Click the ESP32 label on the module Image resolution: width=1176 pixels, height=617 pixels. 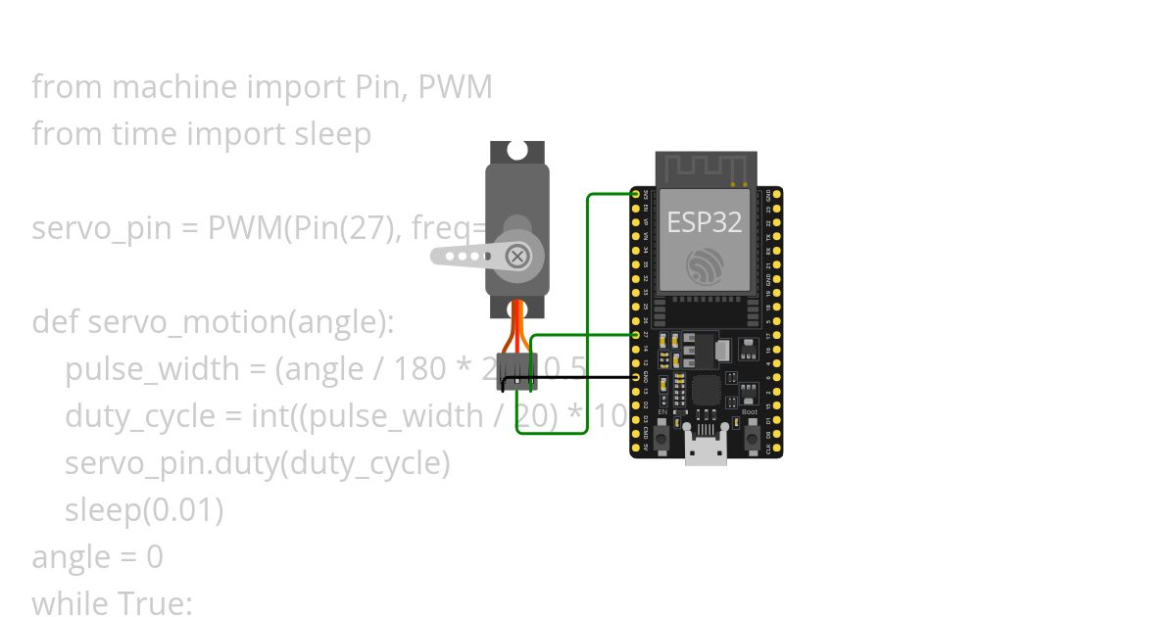pyautogui.click(x=704, y=222)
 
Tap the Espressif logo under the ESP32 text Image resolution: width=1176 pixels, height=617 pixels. pyautogui.click(x=705, y=267)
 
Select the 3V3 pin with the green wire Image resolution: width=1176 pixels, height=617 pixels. pyautogui.click(x=636, y=195)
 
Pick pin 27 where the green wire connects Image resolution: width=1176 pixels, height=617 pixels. pyautogui.click(x=636, y=335)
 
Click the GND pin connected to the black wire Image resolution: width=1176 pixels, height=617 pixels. pyautogui.click(x=636, y=377)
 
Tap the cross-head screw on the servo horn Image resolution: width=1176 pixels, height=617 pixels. pyautogui.click(x=516, y=257)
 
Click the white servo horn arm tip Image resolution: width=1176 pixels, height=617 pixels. pyautogui.click(x=440, y=257)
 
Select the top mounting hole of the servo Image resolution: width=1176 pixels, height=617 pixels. pyautogui.click(x=517, y=152)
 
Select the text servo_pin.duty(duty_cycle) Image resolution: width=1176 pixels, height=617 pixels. pyautogui.click(x=257, y=462)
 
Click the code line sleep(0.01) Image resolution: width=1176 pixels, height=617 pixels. pyautogui.click(x=144, y=509)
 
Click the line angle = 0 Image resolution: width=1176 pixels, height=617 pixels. pyautogui.click(x=97, y=556)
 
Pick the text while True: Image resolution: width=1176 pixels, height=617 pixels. pyautogui.click(x=112, y=602)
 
